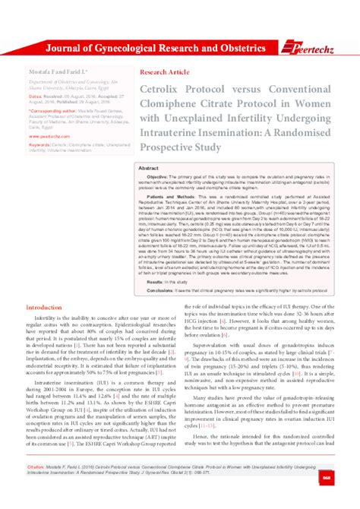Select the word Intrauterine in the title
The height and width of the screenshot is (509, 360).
[x=172, y=134]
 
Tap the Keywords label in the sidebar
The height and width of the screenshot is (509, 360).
[x=39, y=143]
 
